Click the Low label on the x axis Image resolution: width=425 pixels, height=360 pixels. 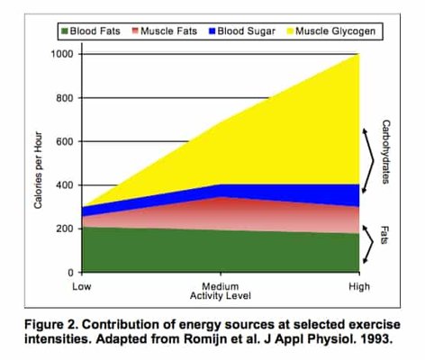(82, 285)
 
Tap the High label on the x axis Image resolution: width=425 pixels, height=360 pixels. (358, 285)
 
